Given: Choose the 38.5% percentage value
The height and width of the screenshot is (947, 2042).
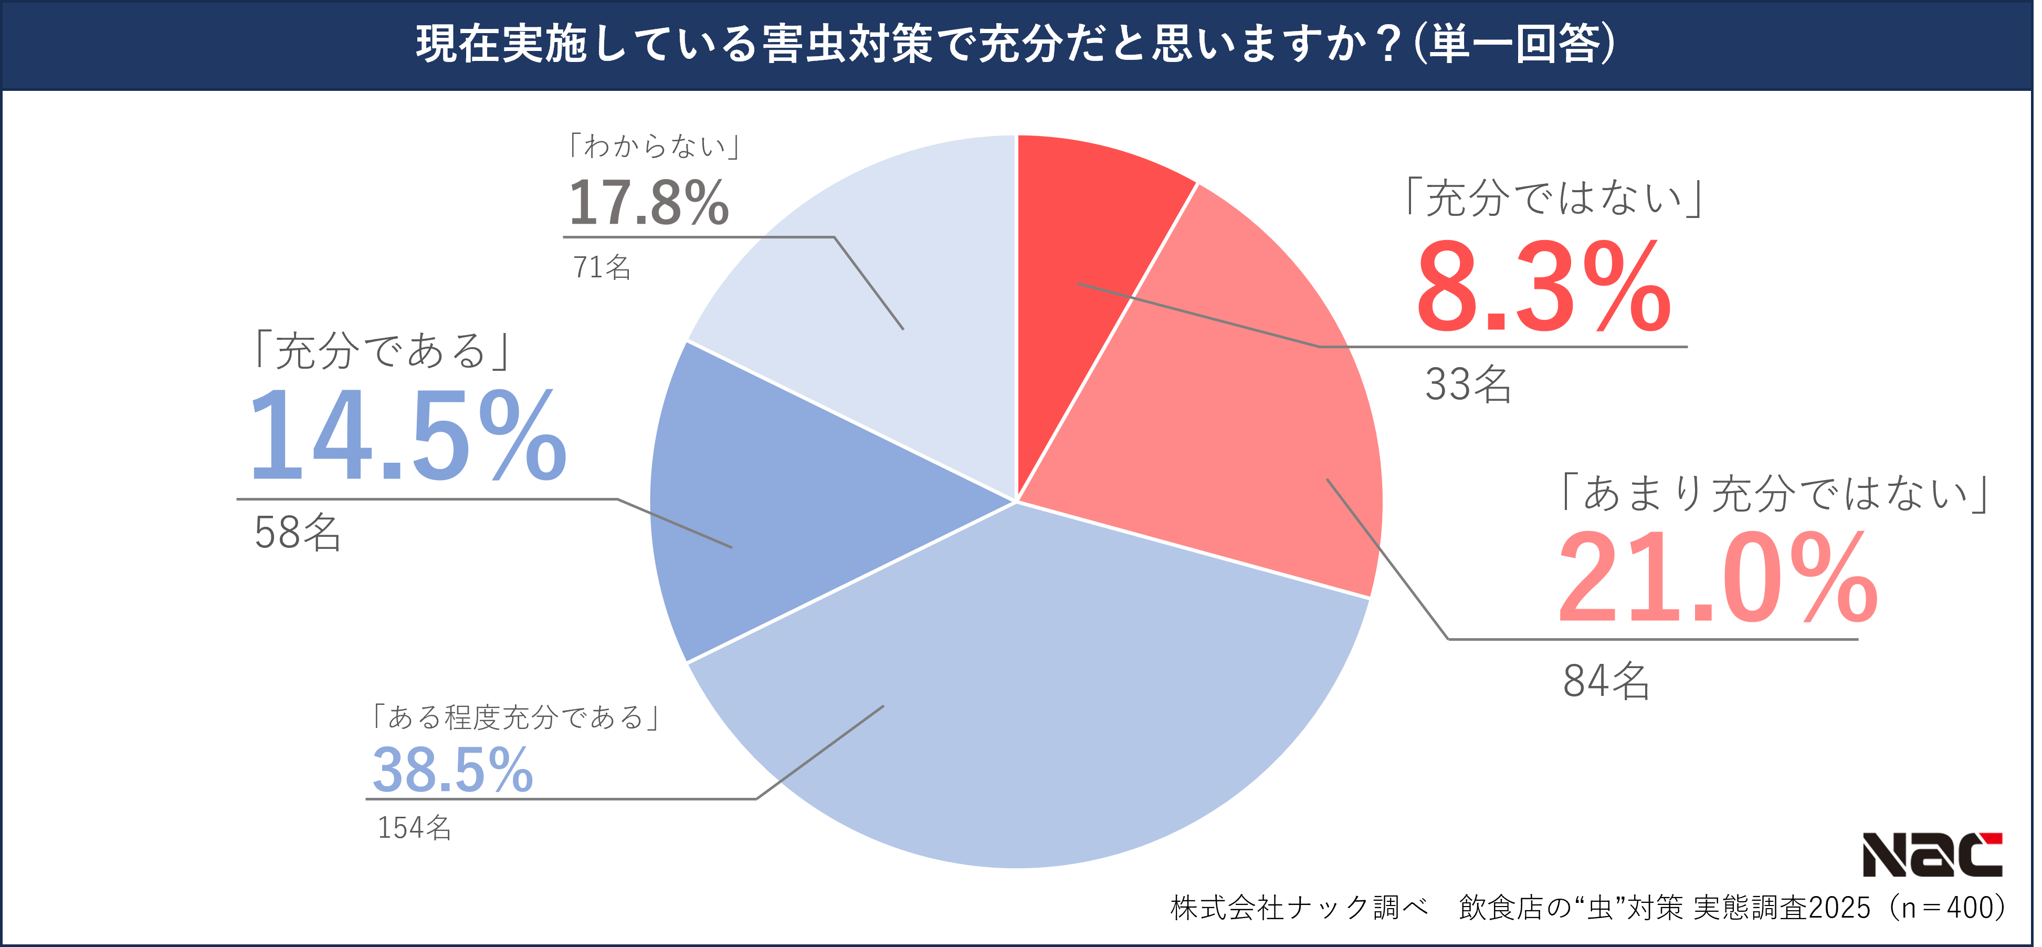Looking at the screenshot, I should point(452,770).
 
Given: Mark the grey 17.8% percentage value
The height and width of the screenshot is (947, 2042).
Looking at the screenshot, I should point(648,203).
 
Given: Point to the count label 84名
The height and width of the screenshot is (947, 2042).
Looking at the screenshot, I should point(1606,681).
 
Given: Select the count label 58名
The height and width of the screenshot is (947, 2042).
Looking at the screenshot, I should point(297,532).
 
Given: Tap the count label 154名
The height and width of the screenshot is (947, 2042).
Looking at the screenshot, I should point(414,827).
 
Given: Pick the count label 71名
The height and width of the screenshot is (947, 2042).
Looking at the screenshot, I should point(602,267).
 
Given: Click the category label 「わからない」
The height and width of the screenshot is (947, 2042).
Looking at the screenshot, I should point(654,146).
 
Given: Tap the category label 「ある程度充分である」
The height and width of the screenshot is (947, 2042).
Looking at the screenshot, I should point(516,717).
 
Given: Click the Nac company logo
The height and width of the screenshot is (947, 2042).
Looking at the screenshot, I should point(1931,854).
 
